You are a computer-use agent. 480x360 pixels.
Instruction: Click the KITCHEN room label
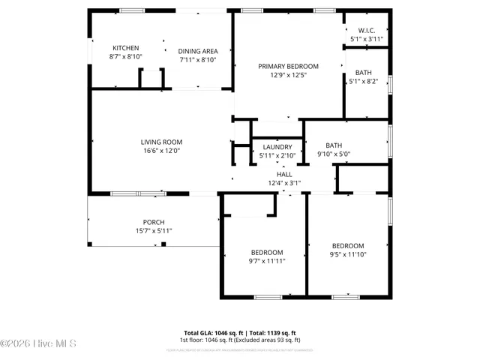(125, 48)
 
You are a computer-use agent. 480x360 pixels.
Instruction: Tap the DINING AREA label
(198, 51)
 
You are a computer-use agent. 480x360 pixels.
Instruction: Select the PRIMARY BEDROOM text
(288, 66)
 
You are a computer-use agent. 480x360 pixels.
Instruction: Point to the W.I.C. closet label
(366, 30)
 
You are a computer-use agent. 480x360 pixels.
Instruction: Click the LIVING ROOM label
(161, 142)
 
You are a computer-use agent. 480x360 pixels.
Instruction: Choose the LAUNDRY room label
(277, 147)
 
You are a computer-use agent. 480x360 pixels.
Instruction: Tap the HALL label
(284, 173)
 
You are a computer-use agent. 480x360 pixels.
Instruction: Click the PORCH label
(154, 222)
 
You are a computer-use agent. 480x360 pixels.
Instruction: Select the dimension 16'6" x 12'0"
(161, 151)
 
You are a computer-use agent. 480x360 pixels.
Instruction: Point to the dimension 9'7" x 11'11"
(266, 261)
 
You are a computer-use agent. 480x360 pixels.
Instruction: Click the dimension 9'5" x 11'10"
(348, 254)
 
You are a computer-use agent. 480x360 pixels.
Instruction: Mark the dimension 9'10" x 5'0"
(334, 154)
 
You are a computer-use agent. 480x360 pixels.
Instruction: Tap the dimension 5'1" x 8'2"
(363, 82)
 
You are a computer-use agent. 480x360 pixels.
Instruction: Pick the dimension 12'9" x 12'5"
(288, 75)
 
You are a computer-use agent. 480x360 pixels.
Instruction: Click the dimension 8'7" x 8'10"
(125, 57)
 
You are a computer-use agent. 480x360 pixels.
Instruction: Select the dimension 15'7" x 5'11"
(154, 231)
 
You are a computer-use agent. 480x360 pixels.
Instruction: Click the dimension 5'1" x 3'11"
(366, 39)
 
